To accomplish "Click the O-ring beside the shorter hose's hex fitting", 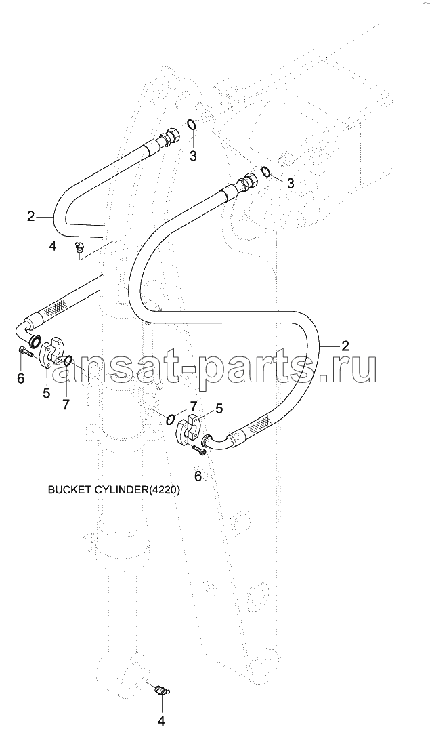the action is [x=192, y=125].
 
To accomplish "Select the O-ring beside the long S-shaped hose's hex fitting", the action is [x=265, y=171].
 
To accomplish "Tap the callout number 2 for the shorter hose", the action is [x=31, y=216].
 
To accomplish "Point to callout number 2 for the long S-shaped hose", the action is [x=345, y=346].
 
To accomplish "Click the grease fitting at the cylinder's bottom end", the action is [x=162, y=689].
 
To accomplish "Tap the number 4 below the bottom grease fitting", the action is [x=161, y=720].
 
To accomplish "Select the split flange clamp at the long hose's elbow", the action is [x=188, y=428].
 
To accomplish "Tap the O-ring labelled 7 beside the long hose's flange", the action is [x=171, y=418].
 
